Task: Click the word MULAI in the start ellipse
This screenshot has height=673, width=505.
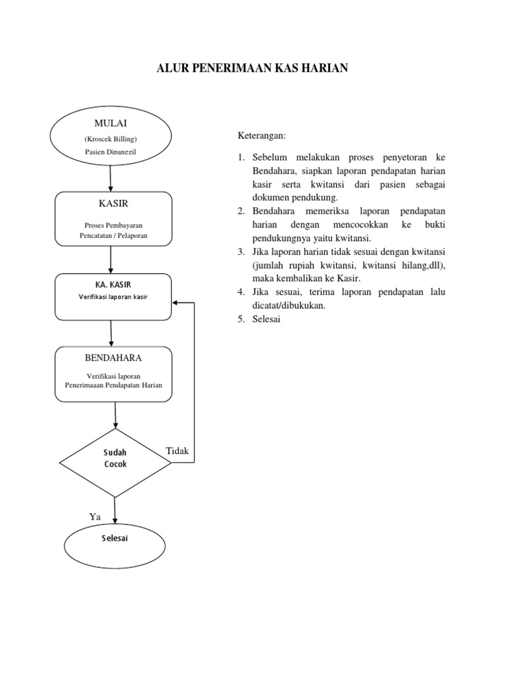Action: pos(110,123)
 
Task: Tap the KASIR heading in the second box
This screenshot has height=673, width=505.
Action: pos(113,204)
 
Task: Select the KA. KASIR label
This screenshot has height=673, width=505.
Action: pos(113,285)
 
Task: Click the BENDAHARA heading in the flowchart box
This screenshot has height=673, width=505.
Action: pos(113,358)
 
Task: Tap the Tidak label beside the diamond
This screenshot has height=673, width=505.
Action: pos(178,451)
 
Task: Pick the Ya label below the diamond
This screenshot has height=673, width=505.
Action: pos(95,517)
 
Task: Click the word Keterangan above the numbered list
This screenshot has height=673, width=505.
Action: pos(262,136)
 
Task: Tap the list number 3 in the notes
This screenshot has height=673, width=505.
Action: pos(241,252)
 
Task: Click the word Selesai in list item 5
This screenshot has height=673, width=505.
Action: pos(266,319)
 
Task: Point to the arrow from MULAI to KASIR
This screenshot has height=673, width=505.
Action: pos(110,179)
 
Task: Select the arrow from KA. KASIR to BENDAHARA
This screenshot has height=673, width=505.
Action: pos(111,333)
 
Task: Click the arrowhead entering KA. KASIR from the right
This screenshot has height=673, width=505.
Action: pos(174,302)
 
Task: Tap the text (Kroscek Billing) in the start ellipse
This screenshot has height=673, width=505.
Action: pos(110,139)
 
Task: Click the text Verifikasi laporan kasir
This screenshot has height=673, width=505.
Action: pos(113,297)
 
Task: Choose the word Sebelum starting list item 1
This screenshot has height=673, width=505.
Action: pos(270,158)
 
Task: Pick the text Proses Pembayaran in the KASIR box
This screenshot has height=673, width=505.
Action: pos(113,225)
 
